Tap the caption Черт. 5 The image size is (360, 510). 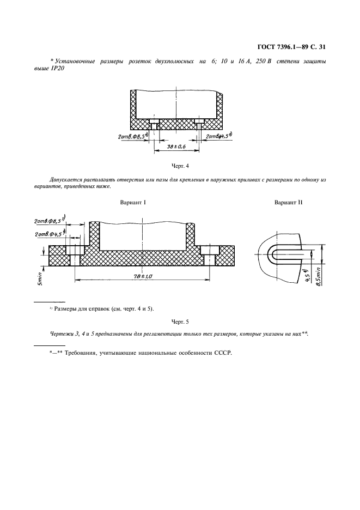click(179, 321)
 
